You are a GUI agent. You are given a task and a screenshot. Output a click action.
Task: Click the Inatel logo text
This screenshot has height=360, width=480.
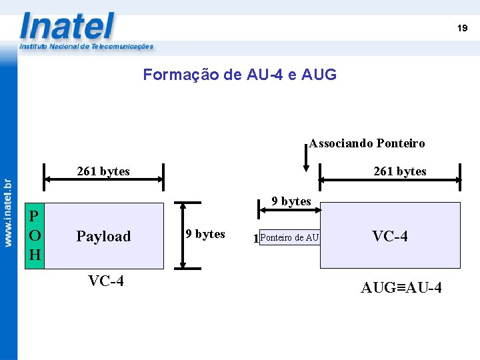pyautogui.click(x=67, y=27)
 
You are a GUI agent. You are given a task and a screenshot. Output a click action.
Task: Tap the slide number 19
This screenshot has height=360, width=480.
pyautogui.click(x=462, y=28)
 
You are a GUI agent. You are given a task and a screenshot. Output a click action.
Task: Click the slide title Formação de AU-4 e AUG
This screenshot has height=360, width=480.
pyautogui.click(x=240, y=75)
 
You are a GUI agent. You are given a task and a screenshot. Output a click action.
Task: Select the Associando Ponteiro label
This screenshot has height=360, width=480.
pyautogui.click(x=367, y=143)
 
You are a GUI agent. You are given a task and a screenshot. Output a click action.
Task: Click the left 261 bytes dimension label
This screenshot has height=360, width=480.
pyautogui.click(x=103, y=171)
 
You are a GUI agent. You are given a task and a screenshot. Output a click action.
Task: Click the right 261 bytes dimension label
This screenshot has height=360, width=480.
pyautogui.click(x=400, y=171)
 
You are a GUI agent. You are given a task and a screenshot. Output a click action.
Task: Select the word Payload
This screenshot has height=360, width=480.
pyautogui.click(x=103, y=236)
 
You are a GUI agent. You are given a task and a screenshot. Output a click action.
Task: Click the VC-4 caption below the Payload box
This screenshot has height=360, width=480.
pyautogui.click(x=105, y=281)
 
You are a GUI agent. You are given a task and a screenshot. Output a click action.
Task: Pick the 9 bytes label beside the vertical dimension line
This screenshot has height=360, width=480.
pyautogui.click(x=205, y=234)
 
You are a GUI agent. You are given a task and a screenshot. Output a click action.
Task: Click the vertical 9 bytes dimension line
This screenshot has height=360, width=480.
pyautogui.click(x=189, y=235)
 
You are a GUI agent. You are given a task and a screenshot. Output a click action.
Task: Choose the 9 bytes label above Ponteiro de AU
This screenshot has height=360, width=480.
pyautogui.click(x=291, y=201)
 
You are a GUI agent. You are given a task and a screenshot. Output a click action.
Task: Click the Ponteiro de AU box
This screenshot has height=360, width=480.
pyautogui.click(x=290, y=237)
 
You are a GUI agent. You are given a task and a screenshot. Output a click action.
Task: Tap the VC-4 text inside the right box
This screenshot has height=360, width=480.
pyautogui.click(x=390, y=236)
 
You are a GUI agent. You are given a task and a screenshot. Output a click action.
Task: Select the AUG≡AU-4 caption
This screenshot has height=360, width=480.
pyautogui.click(x=401, y=288)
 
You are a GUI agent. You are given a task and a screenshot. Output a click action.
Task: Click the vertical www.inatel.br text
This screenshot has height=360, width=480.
pyautogui.click(x=8, y=213)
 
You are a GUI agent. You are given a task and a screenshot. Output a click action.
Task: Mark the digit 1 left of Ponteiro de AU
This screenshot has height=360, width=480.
pyautogui.click(x=256, y=239)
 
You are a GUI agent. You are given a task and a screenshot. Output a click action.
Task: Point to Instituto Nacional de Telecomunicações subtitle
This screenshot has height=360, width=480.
pyautogui.click(x=87, y=47)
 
